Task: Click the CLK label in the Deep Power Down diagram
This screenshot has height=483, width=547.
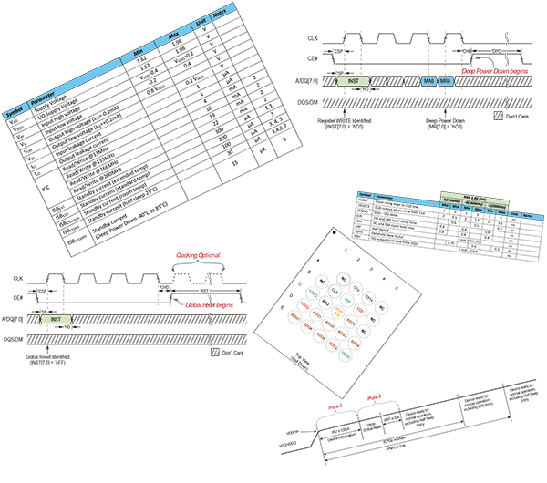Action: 313,37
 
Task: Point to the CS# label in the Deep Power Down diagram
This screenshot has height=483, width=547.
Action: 313,57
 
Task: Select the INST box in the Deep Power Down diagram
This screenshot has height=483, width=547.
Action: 354,81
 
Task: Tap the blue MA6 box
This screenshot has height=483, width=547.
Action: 428,81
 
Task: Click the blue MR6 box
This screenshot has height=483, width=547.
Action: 445,81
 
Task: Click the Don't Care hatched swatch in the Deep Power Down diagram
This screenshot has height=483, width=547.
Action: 498,116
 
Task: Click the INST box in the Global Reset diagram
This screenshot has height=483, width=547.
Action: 55,320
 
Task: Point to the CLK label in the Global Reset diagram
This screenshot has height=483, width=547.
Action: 17,276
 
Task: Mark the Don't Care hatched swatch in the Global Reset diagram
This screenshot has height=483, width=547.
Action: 215,352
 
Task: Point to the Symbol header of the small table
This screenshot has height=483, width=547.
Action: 363,195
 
